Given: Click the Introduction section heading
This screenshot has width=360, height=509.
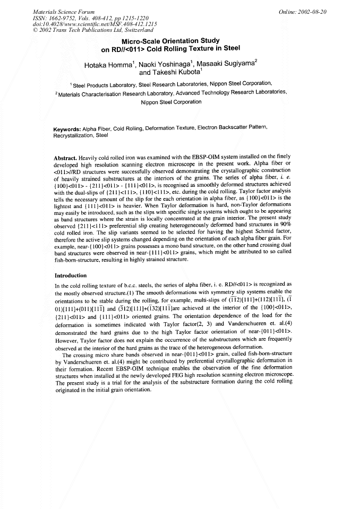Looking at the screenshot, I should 71,276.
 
